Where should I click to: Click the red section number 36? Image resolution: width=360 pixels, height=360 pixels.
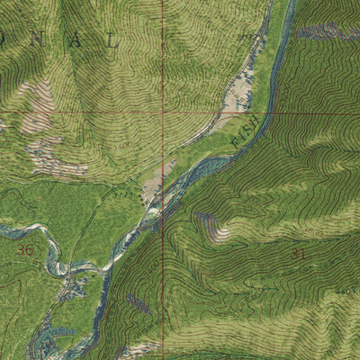24,249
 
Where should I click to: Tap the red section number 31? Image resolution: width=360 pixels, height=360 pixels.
298,255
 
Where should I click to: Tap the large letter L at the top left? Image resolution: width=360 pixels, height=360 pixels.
112,40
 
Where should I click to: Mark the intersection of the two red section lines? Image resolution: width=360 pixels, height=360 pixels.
163,113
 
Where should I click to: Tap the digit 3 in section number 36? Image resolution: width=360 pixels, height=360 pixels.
21,249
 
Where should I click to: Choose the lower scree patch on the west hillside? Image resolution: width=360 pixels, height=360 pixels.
49,158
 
